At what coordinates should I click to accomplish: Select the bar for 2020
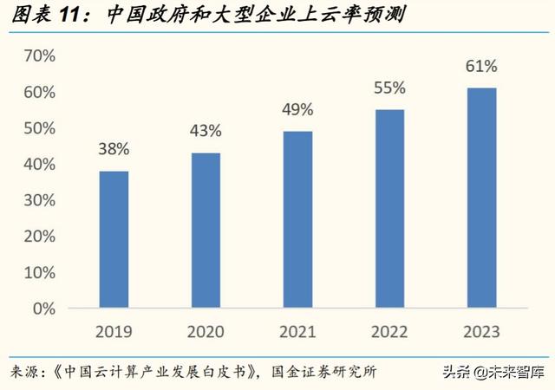click(206, 231)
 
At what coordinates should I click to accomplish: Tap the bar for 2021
click(297, 219)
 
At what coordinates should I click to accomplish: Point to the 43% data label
click(206, 131)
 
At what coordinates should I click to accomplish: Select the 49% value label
click(297, 109)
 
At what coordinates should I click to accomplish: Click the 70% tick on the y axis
click(39, 56)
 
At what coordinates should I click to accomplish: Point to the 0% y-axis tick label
click(43, 309)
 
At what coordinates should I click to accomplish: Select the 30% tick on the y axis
click(39, 200)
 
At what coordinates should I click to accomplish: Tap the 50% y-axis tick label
click(39, 128)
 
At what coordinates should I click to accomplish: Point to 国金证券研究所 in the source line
click(322, 372)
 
